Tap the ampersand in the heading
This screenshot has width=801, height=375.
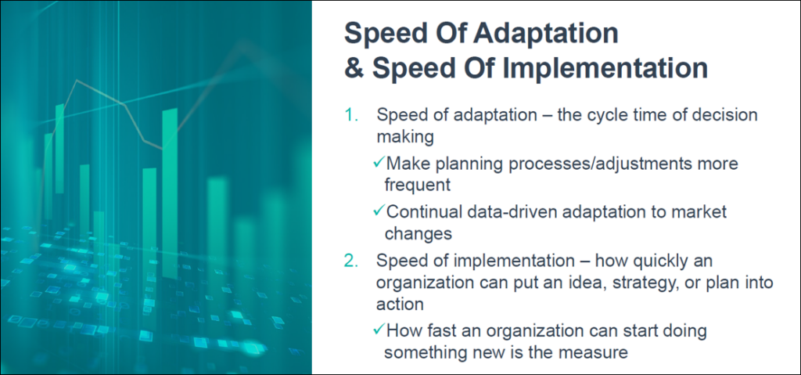point(354,67)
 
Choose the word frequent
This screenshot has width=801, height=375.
point(416,186)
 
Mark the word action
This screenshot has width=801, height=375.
point(400,305)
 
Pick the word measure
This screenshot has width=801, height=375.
point(598,352)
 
